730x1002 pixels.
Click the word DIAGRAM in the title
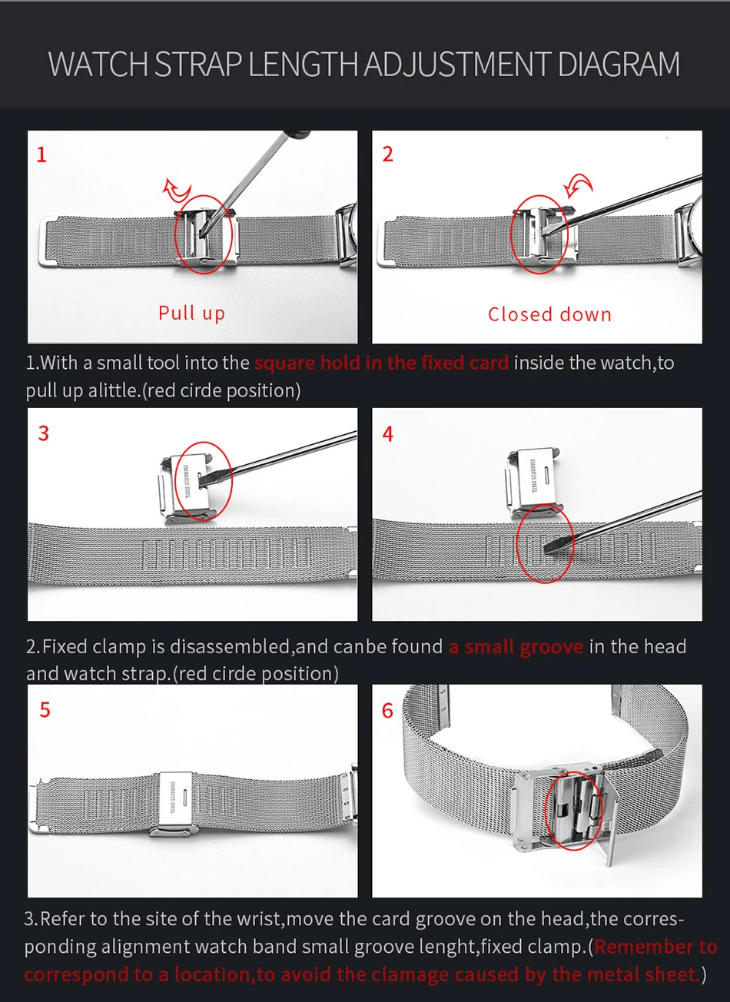coord(619,64)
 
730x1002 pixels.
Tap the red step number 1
coord(41,154)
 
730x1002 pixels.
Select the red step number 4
coord(388,434)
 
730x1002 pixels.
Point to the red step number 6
coord(387,710)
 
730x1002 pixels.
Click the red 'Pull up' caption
coord(191,313)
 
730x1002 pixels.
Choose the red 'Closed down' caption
coord(549,314)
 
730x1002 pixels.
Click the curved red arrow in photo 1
coord(177,189)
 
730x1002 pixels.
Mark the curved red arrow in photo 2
coord(578,184)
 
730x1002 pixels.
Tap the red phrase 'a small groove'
coord(516,647)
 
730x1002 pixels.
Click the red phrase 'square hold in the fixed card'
coord(382,363)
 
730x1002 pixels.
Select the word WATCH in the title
coord(98,64)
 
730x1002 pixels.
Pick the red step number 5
coord(45,710)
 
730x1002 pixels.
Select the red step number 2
coord(388,154)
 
